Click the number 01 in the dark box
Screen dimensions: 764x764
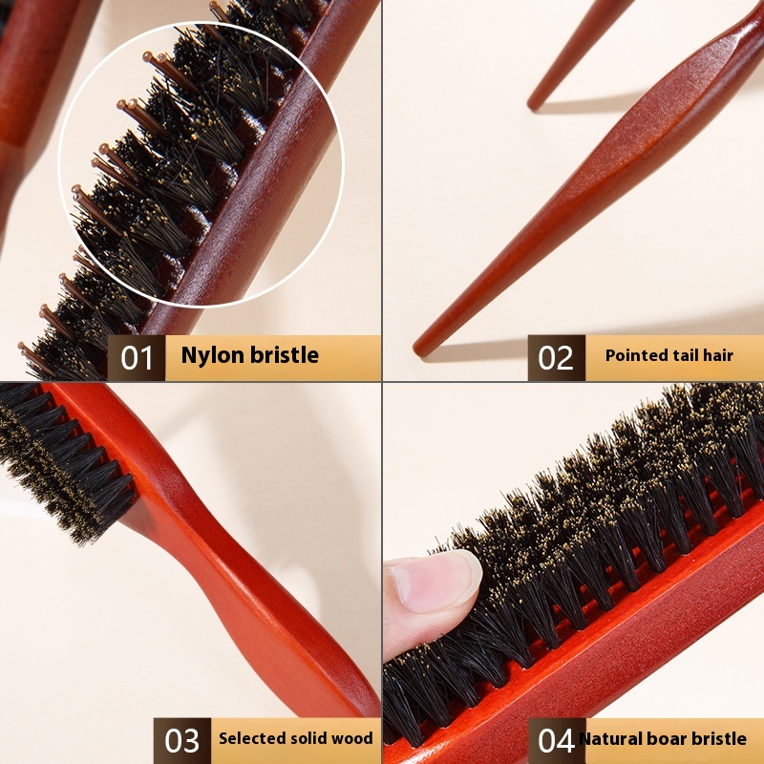point(137,358)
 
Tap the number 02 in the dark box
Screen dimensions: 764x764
point(556,358)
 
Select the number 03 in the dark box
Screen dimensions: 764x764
point(181,741)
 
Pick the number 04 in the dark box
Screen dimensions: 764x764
point(556,741)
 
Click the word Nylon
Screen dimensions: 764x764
point(212,355)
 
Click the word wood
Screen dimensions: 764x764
point(354,738)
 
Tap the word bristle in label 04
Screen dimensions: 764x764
point(718,738)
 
